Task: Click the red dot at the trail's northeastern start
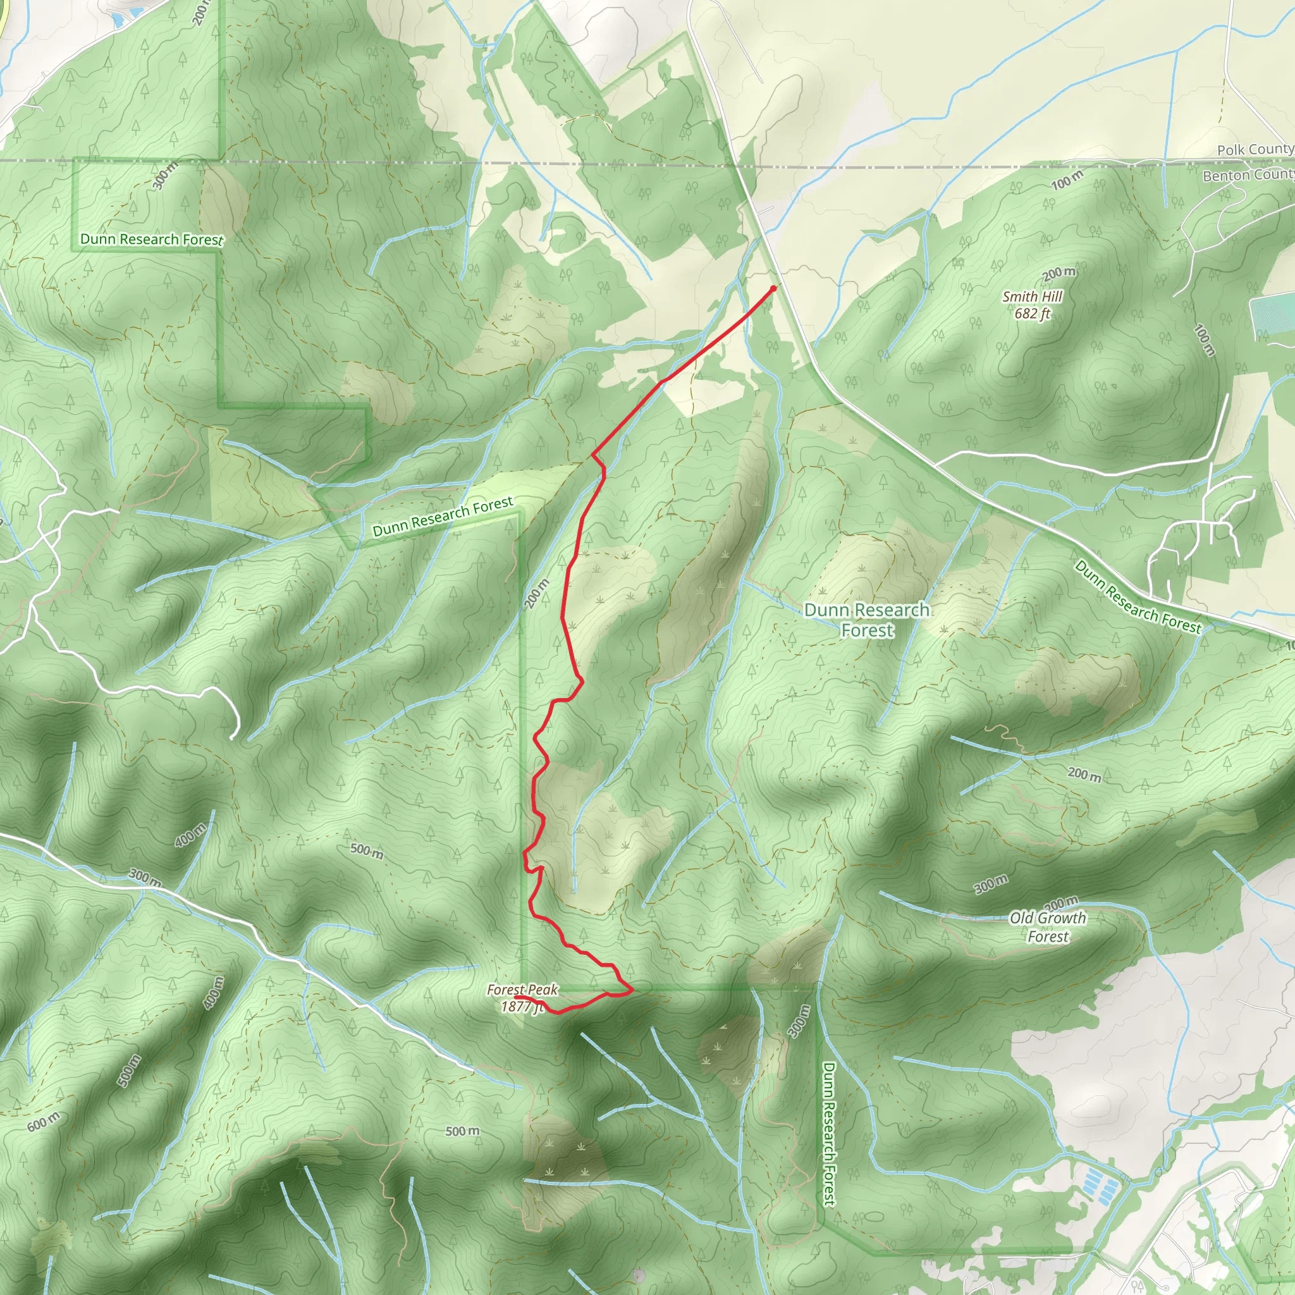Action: (x=773, y=288)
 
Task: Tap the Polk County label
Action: (x=1254, y=149)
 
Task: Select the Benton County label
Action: (x=1248, y=175)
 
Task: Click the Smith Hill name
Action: (x=1032, y=297)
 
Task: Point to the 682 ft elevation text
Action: (x=1032, y=313)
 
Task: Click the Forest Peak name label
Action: (x=522, y=990)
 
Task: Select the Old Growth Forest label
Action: (x=1048, y=927)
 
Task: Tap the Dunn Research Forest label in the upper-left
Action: (x=152, y=239)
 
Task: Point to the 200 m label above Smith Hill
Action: (x=1059, y=273)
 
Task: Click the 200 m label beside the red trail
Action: (x=536, y=593)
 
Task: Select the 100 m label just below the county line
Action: (x=1067, y=180)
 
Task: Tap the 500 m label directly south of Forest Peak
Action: (x=462, y=1131)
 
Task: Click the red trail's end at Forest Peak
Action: (x=515, y=997)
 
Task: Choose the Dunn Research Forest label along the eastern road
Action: (x=1138, y=596)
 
